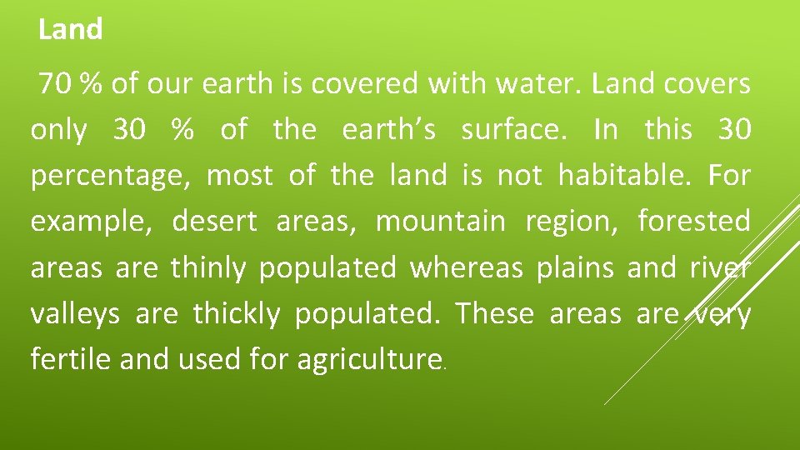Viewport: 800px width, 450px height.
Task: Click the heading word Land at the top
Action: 71,30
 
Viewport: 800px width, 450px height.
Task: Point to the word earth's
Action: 387,130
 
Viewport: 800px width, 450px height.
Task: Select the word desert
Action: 215,222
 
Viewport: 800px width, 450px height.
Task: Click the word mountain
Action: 440,222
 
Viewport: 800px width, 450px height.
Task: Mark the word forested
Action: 693,222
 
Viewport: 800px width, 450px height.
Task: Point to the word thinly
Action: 208,268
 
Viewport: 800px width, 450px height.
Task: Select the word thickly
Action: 236,315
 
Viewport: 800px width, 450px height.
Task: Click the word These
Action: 493,314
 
